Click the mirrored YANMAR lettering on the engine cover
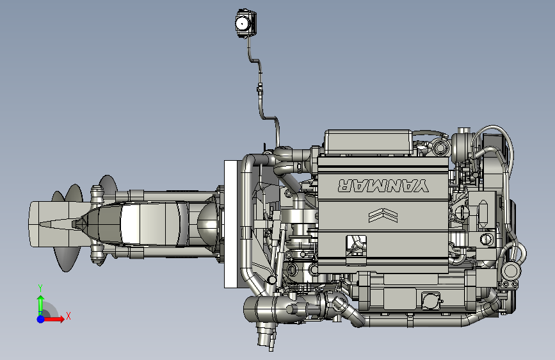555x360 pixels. [x=383, y=185]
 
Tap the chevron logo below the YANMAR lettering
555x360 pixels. [x=383, y=215]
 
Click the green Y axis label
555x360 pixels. [x=40, y=288]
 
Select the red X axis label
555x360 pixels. [x=68, y=316]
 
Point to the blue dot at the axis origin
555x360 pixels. [x=41, y=319]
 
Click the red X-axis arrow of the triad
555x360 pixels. [x=52, y=319]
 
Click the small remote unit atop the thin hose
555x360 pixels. [x=246, y=24]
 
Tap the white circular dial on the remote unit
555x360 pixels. [x=242, y=24]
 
